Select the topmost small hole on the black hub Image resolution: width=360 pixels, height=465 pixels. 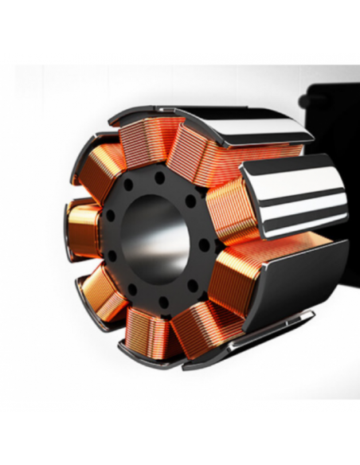[159, 173]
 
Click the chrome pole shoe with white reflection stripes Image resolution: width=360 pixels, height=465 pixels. [295, 191]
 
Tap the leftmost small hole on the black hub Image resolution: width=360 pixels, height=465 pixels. [111, 255]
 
